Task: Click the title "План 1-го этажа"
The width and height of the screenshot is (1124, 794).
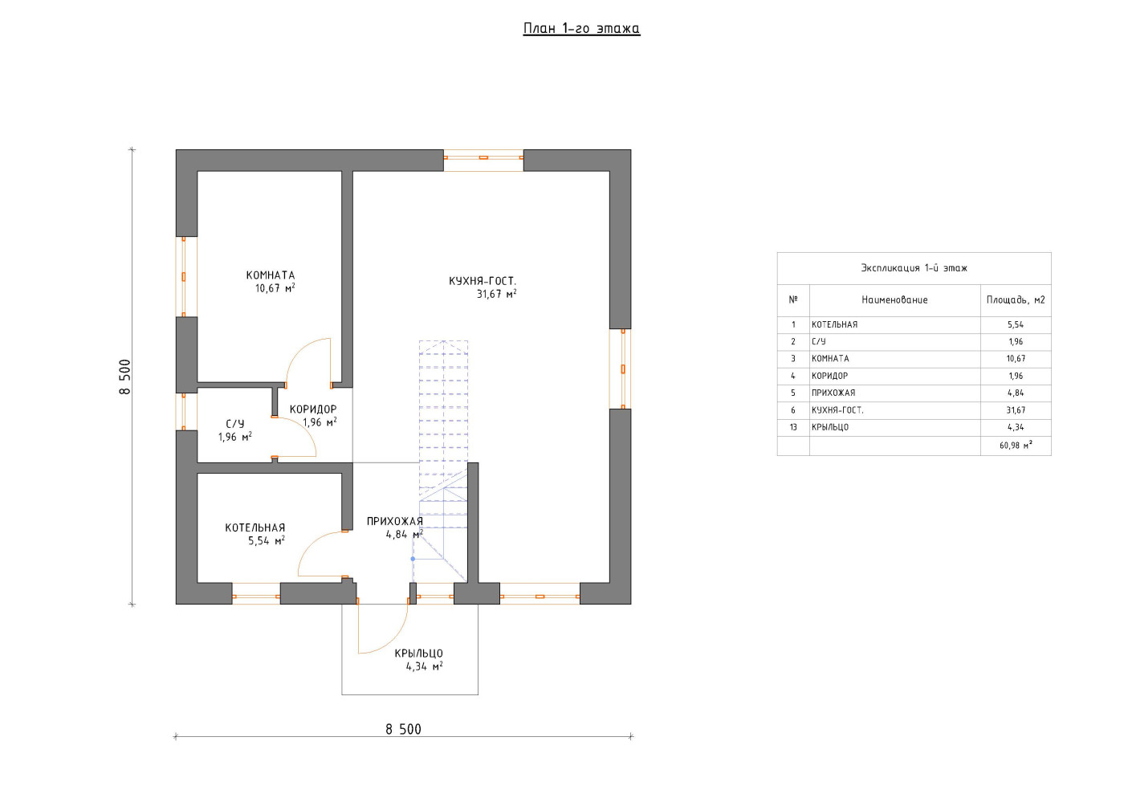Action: [x=581, y=29]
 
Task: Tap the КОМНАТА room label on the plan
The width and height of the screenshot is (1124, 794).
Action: [x=271, y=275]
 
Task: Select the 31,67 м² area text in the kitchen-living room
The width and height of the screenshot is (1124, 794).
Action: [x=496, y=294]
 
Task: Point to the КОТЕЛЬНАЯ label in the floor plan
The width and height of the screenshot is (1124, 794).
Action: [x=255, y=527]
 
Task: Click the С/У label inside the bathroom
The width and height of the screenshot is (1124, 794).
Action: [x=234, y=424]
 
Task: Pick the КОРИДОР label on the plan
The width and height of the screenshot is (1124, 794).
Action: [x=313, y=409]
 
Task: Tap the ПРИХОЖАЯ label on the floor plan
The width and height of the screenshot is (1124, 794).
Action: [x=394, y=521]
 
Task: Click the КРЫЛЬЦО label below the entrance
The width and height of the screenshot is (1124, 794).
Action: [x=418, y=653]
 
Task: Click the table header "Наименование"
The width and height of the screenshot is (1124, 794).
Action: [x=894, y=300]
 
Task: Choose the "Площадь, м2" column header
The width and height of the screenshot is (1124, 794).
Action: [x=1016, y=300]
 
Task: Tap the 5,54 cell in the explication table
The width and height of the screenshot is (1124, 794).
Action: [x=1016, y=324]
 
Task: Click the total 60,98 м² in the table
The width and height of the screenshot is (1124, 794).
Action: [x=1016, y=446]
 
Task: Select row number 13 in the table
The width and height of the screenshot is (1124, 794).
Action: [x=793, y=427]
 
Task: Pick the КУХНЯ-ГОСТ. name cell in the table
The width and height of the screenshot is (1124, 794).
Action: [x=837, y=410]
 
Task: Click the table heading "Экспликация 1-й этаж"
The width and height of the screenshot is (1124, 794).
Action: [x=914, y=268]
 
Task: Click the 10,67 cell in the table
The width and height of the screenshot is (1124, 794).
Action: [x=1016, y=359]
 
